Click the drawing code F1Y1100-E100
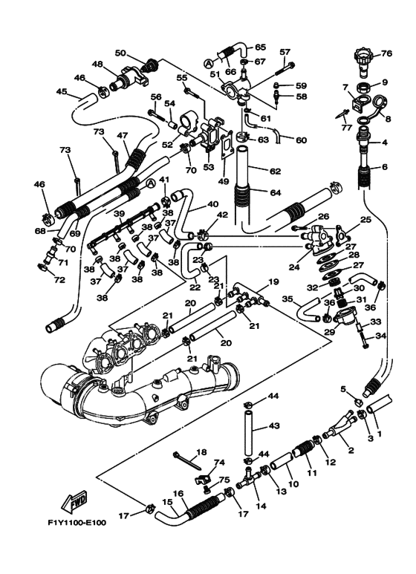click(x=77, y=522)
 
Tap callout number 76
click(x=386, y=53)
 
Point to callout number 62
click(x=275, y=171)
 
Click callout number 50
click(x=120, y=53)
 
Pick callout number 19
click(x=273, y=282)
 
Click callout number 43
click(x=274, y=425)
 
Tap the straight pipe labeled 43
click(x=248, y=432)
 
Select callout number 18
click(x=201, y=452)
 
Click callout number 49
click(x=224, y=181)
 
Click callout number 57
click(x=285, y=52)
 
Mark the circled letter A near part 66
click(x=208, y=63)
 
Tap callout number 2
click(x=351, y=450)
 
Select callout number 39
click(x=119, y=213)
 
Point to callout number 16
click(x=178, y=494)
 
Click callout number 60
click(x=301, y=140)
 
